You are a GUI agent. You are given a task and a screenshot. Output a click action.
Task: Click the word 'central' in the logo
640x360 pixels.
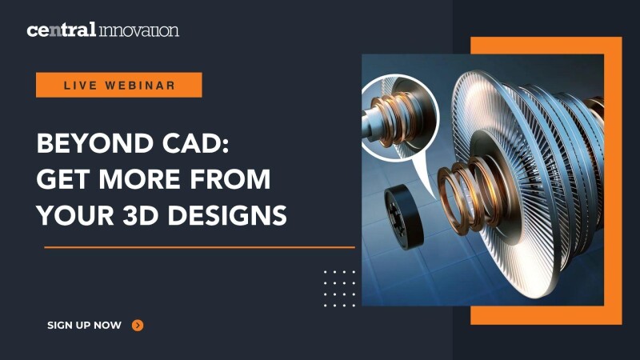coord(62,30)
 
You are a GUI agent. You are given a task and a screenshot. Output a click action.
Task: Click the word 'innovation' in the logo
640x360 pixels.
coord(138,30)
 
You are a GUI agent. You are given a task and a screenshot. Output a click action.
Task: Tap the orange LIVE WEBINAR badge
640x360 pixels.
coord(118,85)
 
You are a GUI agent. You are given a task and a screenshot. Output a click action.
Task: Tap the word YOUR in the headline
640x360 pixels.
coord(74,215)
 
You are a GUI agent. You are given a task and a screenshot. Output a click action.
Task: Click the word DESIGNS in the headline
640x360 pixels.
coord(227,215)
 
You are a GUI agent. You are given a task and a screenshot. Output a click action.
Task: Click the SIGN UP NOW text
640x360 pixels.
coord(85,326)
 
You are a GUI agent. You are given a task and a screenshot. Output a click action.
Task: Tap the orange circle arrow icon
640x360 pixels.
coord(138,326)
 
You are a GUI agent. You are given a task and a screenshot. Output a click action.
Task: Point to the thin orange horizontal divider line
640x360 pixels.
coord(199,247)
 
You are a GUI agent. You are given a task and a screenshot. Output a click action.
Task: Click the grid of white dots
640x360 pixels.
coord(339,288)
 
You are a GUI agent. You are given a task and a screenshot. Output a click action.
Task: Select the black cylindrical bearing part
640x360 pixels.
coord(403,216)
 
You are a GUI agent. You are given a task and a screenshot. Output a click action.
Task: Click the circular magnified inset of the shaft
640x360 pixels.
coord(401,118)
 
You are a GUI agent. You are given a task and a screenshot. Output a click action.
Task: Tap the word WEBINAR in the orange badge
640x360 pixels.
coord(141,86)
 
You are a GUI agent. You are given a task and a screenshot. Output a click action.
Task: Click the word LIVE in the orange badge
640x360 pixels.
coord(81,86)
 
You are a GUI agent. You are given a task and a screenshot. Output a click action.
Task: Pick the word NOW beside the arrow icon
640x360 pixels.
coord(108,326)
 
